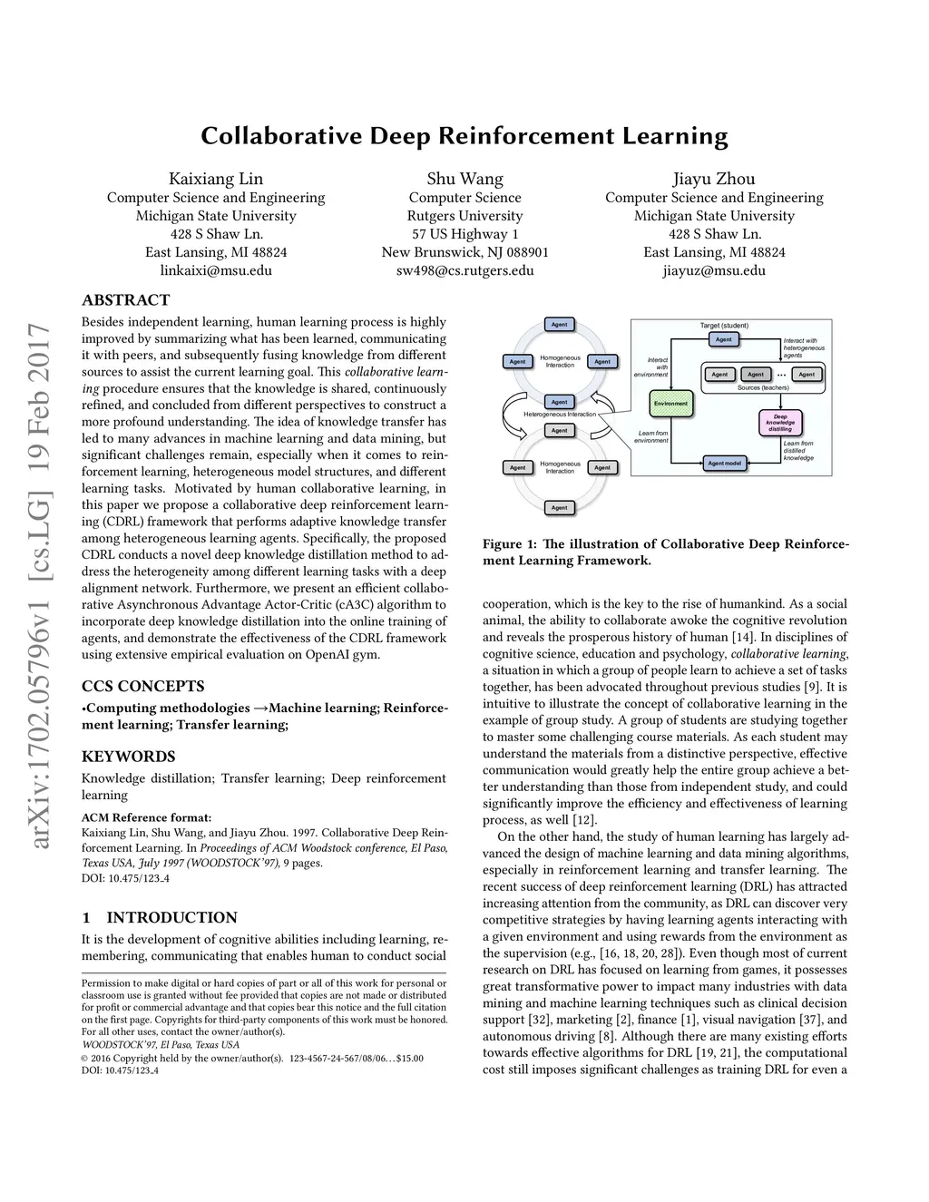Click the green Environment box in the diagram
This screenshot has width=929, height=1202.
point(671,403)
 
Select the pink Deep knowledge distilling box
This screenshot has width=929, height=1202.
point(780,423)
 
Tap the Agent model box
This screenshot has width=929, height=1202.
point(725,464)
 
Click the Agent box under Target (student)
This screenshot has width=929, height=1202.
point(723,339)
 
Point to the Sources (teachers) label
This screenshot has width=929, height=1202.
point(763,387)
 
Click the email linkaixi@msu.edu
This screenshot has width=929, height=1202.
point(216,270)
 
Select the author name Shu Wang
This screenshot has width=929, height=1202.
point(464,179)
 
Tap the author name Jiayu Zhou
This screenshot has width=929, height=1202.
point(714,179)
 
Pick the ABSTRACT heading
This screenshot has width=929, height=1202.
point(125,300)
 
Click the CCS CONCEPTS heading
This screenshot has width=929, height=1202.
point(143,686)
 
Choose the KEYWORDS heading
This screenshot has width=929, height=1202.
point(128,757)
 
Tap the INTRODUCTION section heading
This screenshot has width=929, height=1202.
point(171,917)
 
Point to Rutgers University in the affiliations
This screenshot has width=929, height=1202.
point(464,216)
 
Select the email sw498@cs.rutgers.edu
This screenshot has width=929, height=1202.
point(464,270)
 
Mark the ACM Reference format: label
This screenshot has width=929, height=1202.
point(146,817)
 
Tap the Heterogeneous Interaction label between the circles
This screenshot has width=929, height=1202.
point(560,415)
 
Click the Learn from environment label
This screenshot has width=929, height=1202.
point(652,436)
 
